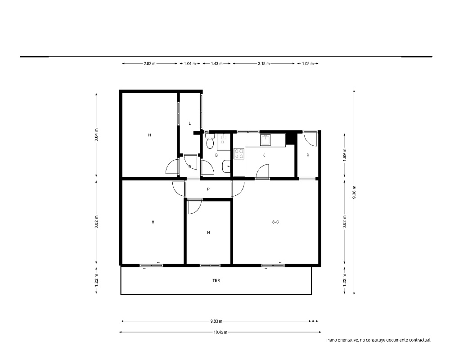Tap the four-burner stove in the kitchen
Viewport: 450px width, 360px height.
pos(239,153)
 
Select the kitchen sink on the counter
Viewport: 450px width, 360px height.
pos(265,140)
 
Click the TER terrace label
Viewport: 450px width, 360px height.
pos(216,280)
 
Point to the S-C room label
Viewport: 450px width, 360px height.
pos(275,222)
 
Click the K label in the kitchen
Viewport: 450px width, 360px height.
pos(264,155)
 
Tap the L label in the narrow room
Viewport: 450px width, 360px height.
pos(190,123)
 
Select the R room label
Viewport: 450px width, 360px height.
pos(308,155)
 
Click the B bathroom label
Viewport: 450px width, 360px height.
pos(216,155)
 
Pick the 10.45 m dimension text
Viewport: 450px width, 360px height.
pos(220,333)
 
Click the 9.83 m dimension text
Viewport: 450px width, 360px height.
pos(216,321)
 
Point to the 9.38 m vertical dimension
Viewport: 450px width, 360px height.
pos(354,192)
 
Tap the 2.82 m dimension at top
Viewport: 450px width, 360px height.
pos(149,64)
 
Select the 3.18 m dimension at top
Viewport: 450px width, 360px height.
pos(264,64)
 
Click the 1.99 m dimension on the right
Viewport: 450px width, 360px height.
pos(345,155)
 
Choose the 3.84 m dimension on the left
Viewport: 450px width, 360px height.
pos(97,135)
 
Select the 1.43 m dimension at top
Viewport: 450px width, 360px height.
pos(217,64)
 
